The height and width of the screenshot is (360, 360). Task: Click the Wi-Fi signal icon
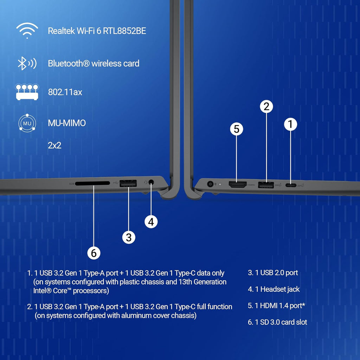point(27,31)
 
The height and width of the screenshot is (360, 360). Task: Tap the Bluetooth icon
point(27,63)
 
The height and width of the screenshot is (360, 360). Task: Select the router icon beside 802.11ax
point(27,92)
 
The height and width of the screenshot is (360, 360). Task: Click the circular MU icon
point(27,123)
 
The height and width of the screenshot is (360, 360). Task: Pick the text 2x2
point(54,145)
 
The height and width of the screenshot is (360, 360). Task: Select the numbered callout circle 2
point(266,106)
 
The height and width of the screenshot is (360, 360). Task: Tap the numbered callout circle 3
point(129,237)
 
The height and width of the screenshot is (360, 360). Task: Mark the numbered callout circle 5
point(237,129)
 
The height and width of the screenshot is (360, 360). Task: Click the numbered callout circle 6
point(94,252)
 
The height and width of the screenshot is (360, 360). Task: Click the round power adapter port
point(211,184)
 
